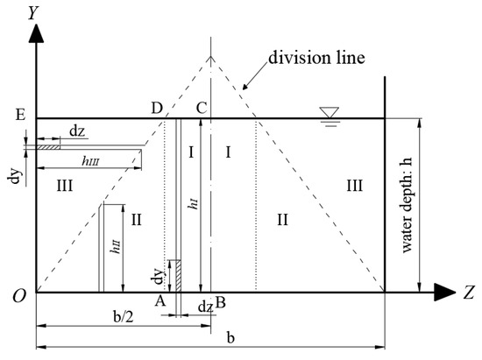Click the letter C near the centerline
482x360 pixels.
(x=201, y=108)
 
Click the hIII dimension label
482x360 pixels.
(x=89, y=160)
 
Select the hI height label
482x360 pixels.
(x=193, y=206)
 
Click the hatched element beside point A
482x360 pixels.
(x=174, y=275)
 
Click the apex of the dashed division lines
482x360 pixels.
(x=209, y=58)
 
